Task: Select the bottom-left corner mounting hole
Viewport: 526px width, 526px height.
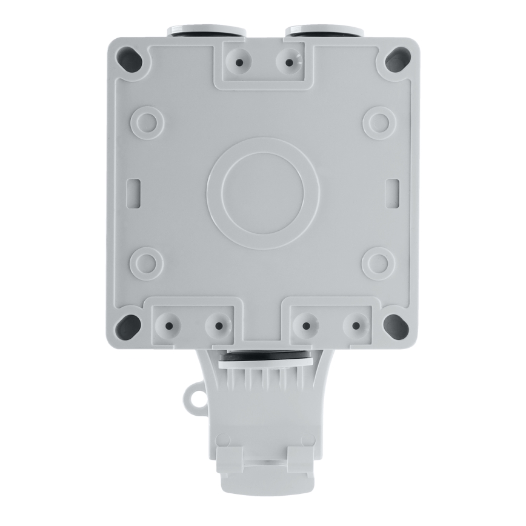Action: pos(127,325)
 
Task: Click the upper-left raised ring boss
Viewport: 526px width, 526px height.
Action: pos(147,122)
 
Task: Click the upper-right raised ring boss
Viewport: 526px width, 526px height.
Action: pos(379,122)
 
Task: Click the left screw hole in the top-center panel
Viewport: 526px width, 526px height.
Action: pos(240,62)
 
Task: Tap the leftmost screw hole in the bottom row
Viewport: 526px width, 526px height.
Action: pos(169,325)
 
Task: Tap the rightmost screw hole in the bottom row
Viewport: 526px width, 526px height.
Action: pos(356,325)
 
